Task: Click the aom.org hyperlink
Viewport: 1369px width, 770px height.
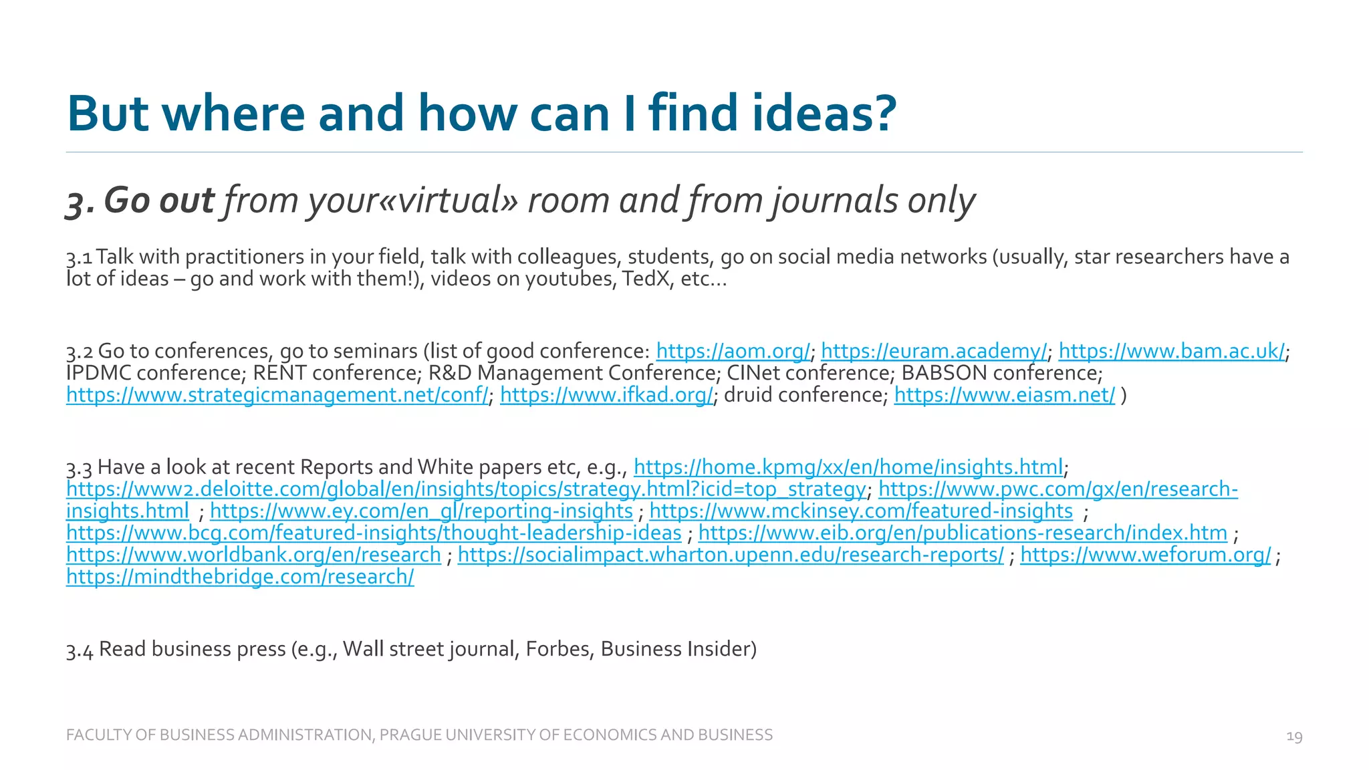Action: pos(733,351)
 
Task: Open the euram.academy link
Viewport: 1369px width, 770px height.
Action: pos(934,351)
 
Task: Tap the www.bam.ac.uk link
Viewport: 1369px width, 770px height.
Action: pos(1171,351)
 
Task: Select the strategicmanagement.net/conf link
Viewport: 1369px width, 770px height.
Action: pos(277,395)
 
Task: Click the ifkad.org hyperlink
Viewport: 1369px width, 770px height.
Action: pos(606,395)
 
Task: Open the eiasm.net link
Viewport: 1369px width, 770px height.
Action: pos(1004,395)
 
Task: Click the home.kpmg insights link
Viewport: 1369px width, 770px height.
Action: pos(848,467)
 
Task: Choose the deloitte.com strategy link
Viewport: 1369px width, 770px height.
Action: pos(466,489)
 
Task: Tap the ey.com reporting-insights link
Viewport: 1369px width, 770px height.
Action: pos(421,511)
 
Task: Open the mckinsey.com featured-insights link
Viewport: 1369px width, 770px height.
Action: pos(861,511)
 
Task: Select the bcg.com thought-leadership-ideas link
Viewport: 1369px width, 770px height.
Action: pos(374,533)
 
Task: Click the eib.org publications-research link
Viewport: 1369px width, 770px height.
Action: pos(963,533)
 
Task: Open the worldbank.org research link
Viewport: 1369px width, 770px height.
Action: pos(253,555)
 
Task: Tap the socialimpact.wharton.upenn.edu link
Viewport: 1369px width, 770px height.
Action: pos(731,555)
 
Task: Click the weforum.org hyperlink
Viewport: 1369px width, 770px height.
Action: pos(1145,555)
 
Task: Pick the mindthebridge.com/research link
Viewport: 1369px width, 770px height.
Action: pos(240,577)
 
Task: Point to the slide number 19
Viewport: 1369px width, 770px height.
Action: pos(1294,737)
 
